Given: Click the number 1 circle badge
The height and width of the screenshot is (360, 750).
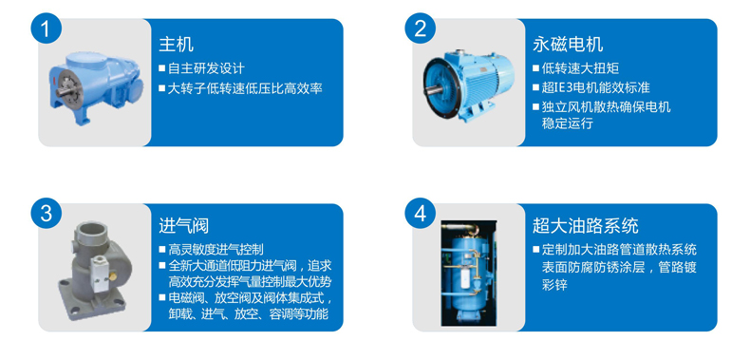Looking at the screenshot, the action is (x=46, y=29).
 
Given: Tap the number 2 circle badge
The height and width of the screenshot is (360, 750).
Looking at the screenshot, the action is (x=420, y=29).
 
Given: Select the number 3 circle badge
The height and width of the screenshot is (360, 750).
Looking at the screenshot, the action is (x=46, y=214).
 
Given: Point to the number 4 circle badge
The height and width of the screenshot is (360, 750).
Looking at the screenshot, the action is (x=420, y=214).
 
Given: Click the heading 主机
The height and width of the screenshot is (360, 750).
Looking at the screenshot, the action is (x=176, y=45).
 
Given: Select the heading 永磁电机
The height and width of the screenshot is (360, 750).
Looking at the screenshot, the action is (x=568, y=45).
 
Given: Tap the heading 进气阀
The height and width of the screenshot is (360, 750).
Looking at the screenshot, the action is (x=183, y=226).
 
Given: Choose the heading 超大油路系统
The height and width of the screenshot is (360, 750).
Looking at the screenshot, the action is (x=586, y=226).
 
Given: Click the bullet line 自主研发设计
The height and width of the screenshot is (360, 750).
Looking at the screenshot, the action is (x=201, y=68).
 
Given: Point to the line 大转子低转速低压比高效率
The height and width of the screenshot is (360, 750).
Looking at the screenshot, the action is (x=240, y=88).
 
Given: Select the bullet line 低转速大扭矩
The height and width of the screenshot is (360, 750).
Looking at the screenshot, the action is (x=576, y=68).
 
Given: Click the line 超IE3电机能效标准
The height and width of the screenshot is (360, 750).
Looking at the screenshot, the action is (x=591, y=87).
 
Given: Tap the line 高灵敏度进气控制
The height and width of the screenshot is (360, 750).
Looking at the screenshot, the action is (x=211, y=249).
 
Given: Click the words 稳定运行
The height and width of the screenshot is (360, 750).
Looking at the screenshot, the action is (x=568, y=123).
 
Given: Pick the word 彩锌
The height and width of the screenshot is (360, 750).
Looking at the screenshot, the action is (x=554, y=286).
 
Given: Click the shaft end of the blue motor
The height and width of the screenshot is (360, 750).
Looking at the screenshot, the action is (x=433, y=88).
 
